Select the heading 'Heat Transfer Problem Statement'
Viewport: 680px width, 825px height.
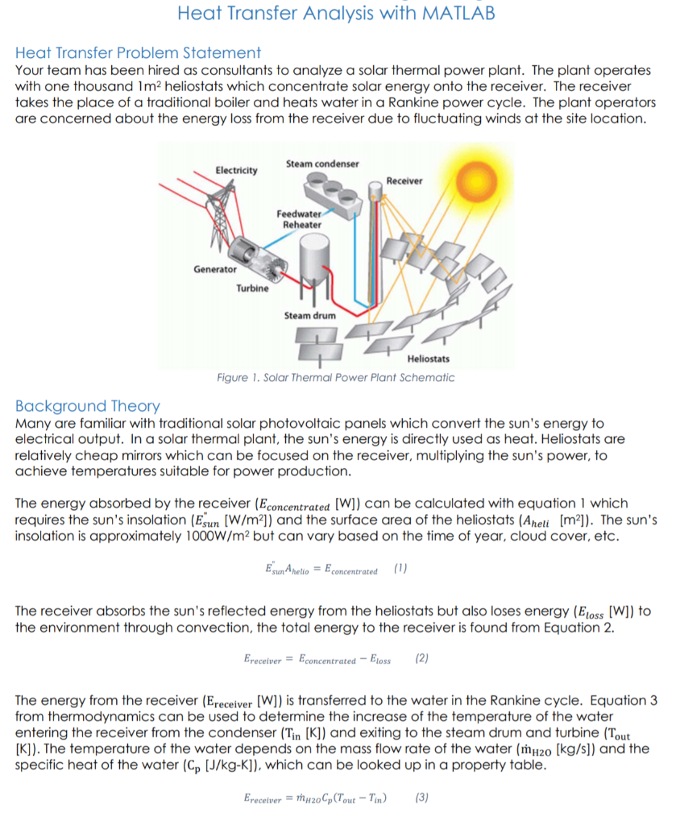pos(138,53)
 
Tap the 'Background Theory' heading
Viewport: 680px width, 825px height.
pos(88,406)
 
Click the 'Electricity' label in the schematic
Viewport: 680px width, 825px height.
pos(237,170)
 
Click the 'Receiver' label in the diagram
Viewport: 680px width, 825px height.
pos(404,180)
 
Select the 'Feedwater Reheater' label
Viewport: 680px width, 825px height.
pos(301,219)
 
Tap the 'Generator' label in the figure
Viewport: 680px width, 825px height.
pos(214,269)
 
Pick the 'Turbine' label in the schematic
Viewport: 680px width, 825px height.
pos(251,288)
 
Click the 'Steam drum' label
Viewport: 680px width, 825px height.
pos(310,316)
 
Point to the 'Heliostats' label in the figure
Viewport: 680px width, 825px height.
pos(429,359)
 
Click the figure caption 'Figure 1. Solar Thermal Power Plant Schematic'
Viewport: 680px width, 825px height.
pos(336,378)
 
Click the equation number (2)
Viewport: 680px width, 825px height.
pos(422,659)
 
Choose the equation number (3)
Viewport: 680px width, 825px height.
pos(421,798)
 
